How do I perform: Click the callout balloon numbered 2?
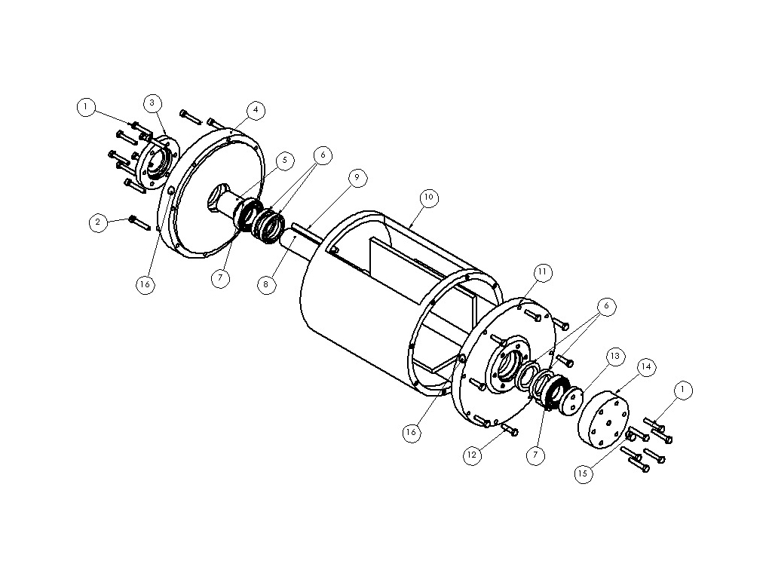point(98,222)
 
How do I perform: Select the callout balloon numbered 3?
point(152,103)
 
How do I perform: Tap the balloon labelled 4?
point(256,110)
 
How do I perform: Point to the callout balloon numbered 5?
point(284,161)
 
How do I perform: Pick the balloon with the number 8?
point(266,284)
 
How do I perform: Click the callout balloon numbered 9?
point(357,177)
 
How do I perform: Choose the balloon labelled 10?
point(429,198)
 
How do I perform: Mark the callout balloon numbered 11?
point(542,272)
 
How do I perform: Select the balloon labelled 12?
point(472,455)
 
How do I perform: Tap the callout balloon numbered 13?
point(615,356)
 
